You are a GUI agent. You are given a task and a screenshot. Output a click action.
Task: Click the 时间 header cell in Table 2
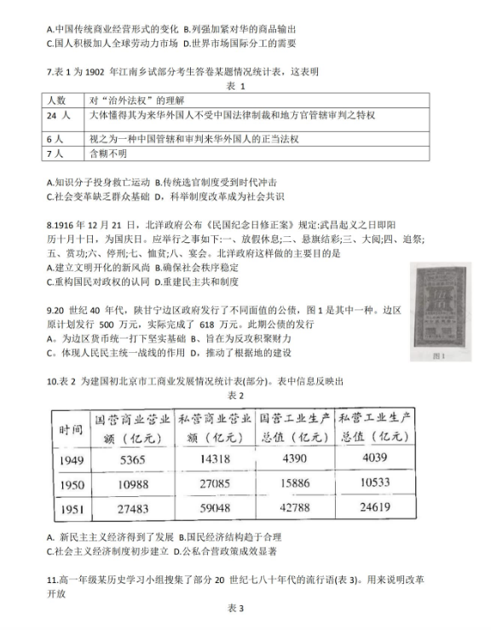coord(72,428)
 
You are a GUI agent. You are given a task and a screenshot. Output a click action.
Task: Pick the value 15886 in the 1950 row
coord(294,483)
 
